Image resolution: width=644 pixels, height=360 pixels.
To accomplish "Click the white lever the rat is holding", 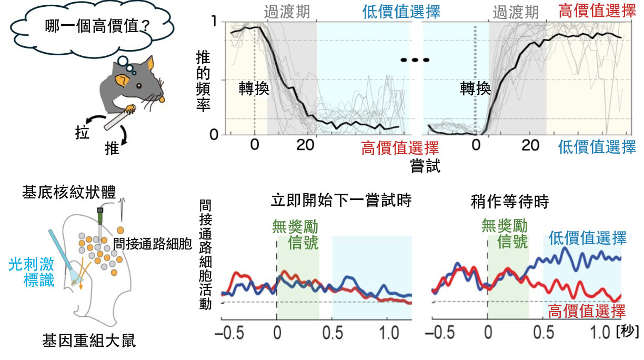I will (118, 119).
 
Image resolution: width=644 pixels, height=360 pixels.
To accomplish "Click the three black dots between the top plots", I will (415, 60).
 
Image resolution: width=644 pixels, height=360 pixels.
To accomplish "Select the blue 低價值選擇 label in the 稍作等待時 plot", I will (587, 238).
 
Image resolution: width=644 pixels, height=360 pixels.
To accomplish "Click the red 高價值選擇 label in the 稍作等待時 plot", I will (587, 311).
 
